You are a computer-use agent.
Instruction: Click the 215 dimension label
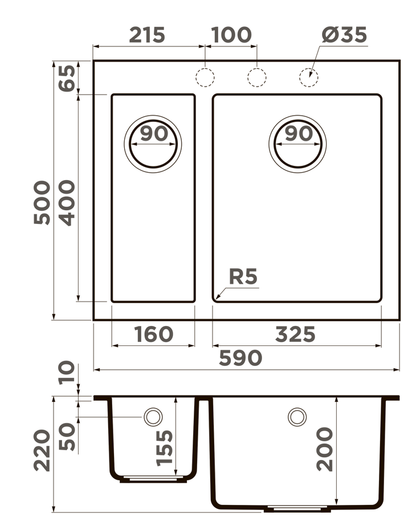click(x=146, y=35)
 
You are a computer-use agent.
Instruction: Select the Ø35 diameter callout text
click(x=344, y=35)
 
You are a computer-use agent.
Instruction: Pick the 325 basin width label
click(x=295, y=335)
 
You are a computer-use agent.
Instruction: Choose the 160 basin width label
click(x=153, y=335)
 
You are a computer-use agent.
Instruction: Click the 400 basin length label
click(x=67, y=202)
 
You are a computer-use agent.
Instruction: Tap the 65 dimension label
click(x=67, y=78)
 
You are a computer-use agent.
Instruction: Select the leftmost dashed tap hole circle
click(x=205, y=77)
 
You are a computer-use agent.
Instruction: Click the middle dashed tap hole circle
click(x=256, y=77)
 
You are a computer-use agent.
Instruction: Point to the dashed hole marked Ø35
click(x=308, y=77)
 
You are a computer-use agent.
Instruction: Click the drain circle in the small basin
click(x=153, y=143)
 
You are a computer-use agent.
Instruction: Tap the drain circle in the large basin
click(x=297, y=143)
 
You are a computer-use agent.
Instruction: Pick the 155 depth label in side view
click(x=165, y=448)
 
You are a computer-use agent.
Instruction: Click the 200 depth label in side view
click(x=325, y=449)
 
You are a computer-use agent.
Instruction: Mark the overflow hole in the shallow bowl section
click(x=153, y=417)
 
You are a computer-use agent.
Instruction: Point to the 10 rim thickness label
click(x=67, y=372)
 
